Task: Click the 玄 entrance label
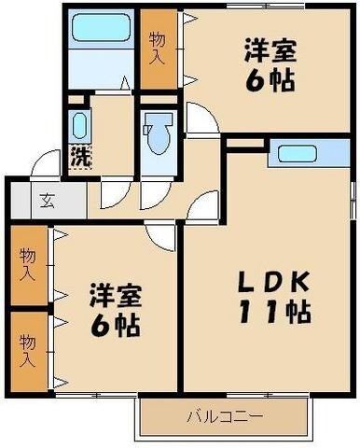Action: pos(46,200)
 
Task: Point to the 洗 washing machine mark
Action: pos(80,157)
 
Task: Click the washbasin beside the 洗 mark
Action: pos(78,126)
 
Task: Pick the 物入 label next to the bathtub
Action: pos(158,48)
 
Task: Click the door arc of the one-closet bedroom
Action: pos(200,119)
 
